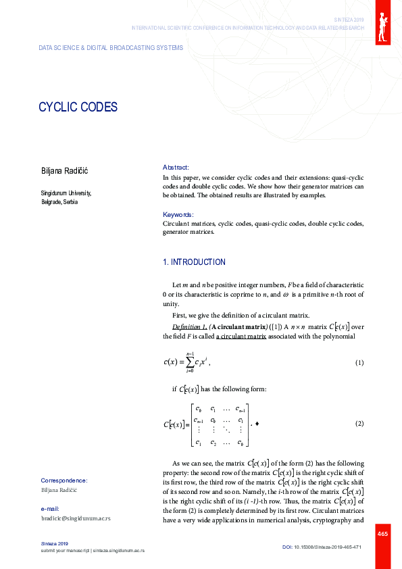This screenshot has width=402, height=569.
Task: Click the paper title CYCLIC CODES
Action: [78, 107]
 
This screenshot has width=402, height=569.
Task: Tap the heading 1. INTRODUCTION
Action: [194, 262]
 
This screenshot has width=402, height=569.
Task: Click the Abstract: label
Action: [176, 167]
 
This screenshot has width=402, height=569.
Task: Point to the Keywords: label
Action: [178, 214]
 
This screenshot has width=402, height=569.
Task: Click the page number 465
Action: [382, 535]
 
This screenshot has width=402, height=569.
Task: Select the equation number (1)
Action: [359, 363]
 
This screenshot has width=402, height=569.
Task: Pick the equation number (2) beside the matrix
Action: [359, 424]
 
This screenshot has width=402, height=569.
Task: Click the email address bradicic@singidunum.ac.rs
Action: [76, 518]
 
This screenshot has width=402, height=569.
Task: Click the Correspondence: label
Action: [64, 480]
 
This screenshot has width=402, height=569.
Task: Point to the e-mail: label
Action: [51, 508]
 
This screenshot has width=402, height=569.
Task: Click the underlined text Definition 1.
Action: [189, 326]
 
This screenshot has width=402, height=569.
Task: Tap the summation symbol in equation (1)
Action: [191, 362]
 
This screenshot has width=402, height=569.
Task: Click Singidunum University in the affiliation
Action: [66, 193]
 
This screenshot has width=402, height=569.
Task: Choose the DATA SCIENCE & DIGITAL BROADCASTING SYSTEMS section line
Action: [105, 48]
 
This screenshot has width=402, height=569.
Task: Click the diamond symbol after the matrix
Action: [257, 424]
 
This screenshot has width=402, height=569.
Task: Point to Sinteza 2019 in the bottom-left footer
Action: [55, 543]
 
